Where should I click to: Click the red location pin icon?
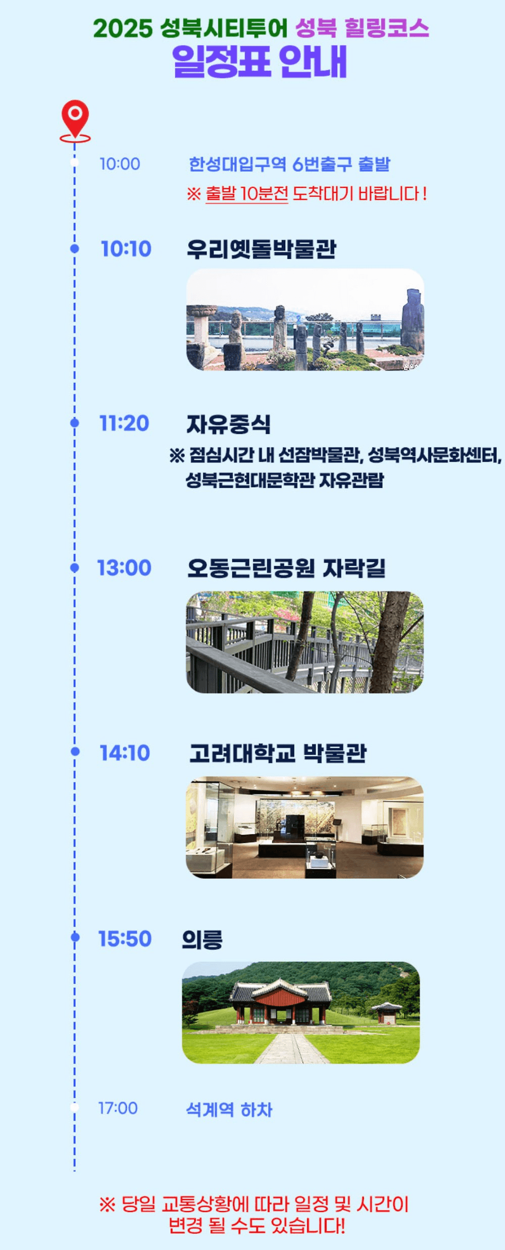pyautogui.click(x=75, y=118)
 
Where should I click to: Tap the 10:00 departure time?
pyautogui.click(x=120, y=164)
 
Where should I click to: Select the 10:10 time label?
pyautogui.click(x=126, y=248)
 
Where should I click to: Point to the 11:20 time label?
pyautogui.click(x=124, y=423)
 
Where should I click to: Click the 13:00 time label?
pyautogui.click(x=124, y=568)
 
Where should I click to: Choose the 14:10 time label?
pyautogui.click(x=125, y=753)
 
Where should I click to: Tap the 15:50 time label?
pyautogui.click(x=125, y=938)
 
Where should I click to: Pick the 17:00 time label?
pyautogui.click(x=118, y=1108)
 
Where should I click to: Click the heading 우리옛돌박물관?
pyautogui.click(x=261, y=249)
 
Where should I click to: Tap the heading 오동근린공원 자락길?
pyautogui.click(x=286, y=568)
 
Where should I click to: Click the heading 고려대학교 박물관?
pyautogui.click(x=278, y=753)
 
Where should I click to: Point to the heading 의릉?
pyautogui.click(x=202, y=939)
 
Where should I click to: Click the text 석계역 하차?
pyautogui.click(x=229, y=1110)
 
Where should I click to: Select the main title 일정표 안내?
pyautogui.click(x=260, y=61)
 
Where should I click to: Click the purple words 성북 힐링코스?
pyautogui.click(x=362, y=28)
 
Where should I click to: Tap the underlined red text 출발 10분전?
pyautogui.click(x=247, y=193)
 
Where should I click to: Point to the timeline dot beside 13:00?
pyautogui.click(x=75, y=568)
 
